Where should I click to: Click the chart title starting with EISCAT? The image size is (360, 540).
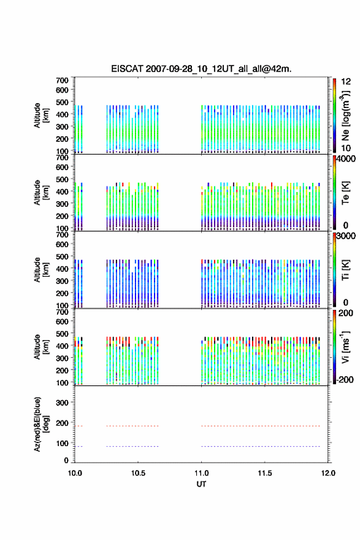pyautogui.click(x=201, y=69)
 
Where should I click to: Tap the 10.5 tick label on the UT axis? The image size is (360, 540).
pyautogui.click(x=138, y=473)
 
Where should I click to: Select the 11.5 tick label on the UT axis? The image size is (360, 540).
pyautogui.click(x=265, y=473)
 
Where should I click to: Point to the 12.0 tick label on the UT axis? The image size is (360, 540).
pyautogui.click(x=328, y=473)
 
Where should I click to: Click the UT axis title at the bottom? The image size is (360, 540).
pyautogui.click(x=201, y=484)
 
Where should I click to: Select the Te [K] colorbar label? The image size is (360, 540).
pyautogui.click(x=345, y=193)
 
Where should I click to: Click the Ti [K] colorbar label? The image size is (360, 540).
pyautogui.click(x=345, y=270)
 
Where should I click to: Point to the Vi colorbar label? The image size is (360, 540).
pyautogui.click(x=345, y=347)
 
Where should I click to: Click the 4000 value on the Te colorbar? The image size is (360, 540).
pyautogui.click(x=346, y=159)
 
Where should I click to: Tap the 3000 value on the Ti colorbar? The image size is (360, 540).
pyautogui.click(x=346, y=236)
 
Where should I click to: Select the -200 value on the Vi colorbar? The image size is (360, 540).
pyautogui.click(x=345, y=379)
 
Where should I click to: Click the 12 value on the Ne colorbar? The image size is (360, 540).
pyautogui.click(x=346, y=82)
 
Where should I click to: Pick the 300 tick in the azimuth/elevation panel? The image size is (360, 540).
pyautogui.click(x=62, y=403)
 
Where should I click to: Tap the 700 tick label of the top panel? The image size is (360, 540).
pyautogui.click(x=62, y=80)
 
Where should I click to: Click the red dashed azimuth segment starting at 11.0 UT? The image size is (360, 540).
pyautogui.click(x=261, y=426)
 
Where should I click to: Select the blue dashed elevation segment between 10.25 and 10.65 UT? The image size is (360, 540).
pyautogui.click(x=132, y=446)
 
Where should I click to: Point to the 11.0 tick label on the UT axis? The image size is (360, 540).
pyautogui.click(x=201, y=473)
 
